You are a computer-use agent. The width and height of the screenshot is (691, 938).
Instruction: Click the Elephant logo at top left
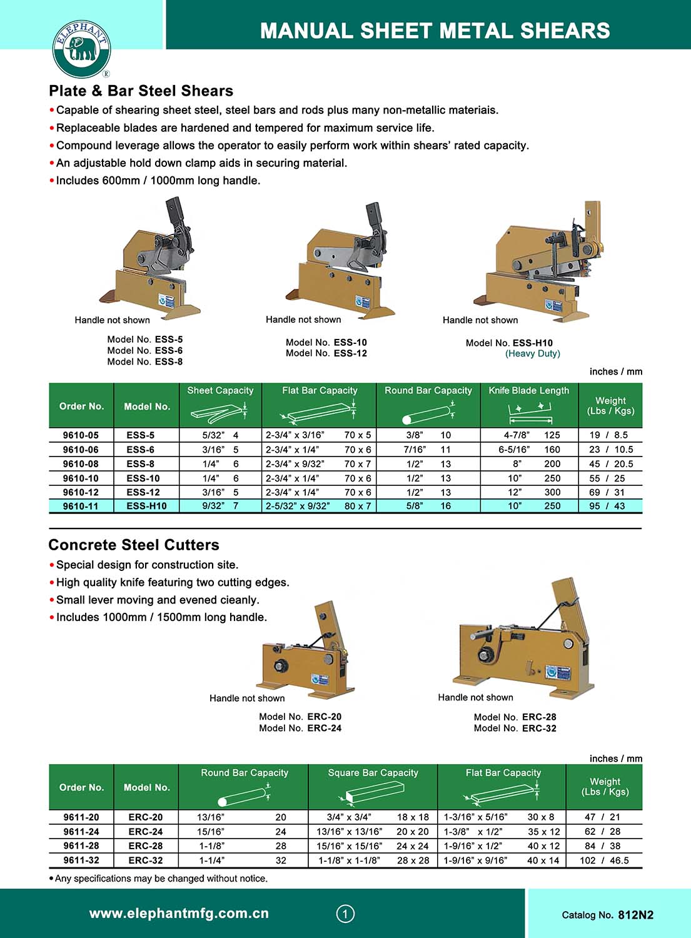(81, 49)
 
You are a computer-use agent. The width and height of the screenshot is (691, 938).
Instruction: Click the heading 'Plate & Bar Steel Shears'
(141, 91)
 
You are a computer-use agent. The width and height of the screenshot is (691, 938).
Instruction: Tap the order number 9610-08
(81, 464)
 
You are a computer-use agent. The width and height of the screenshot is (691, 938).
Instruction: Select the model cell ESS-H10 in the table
(146, 506)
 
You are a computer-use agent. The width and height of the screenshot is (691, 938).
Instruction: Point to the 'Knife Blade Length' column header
(529, 391)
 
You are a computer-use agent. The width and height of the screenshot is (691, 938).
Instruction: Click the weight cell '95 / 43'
(607, 506)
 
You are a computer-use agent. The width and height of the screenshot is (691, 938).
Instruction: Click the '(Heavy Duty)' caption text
(533, 354)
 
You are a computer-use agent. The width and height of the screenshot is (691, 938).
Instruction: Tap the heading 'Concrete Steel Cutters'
(134, 545)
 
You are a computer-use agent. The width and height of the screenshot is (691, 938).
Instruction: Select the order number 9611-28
(81, 846)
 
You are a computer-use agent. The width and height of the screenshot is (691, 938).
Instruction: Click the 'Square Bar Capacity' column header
(373, 773)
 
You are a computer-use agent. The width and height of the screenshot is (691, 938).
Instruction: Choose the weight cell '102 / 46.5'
(604, 860)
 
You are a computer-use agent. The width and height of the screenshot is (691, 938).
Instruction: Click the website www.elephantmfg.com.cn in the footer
(179, 914)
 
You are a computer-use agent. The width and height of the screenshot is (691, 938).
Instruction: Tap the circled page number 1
(345, 914)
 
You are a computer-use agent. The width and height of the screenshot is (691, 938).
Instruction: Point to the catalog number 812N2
(635, 915)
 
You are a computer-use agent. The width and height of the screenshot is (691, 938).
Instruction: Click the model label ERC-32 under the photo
(539, 729)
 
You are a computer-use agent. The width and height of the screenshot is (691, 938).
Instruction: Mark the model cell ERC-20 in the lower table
(146, 817)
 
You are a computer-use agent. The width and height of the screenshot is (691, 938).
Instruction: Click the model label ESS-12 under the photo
(350, 353)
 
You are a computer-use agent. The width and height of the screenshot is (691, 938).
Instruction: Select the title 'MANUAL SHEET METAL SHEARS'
(435, 31)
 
